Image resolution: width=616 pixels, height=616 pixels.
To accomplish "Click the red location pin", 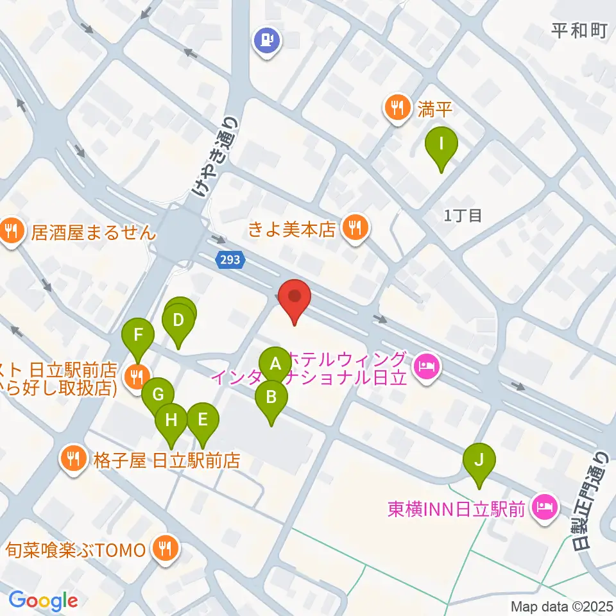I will click(x=295, y=298).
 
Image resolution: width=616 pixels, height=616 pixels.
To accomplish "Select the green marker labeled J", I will click(x=479, y=461).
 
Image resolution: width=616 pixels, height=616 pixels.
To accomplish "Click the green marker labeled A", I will click(x=275, y=364).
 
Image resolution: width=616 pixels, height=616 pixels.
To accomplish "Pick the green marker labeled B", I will click(x=271, y=398).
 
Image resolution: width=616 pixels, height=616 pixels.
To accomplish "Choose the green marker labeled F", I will click(x=138, y=336).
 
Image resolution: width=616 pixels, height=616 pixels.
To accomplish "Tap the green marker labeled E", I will click(x=203, y=420).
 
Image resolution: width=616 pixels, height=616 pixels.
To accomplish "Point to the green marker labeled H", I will click(x=171, y=421).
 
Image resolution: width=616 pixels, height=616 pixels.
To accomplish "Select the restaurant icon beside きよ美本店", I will click(x=354, y=227).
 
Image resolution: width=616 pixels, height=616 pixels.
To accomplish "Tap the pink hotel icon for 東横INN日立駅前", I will click(x=545, y=509).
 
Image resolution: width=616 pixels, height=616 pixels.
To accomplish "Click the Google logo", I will click(x=44, y=601).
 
